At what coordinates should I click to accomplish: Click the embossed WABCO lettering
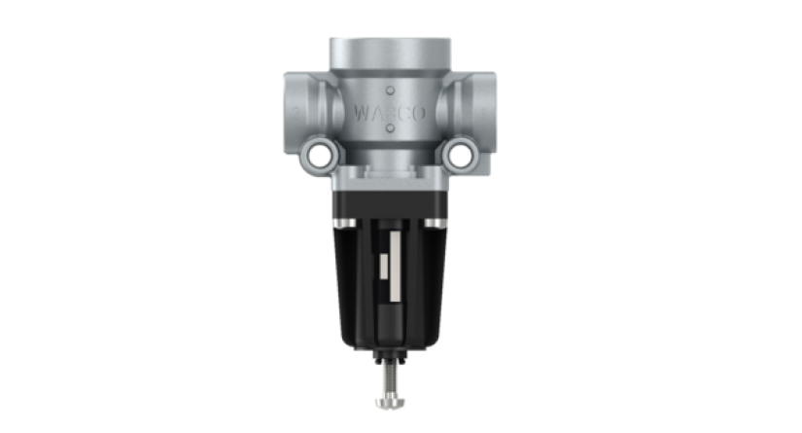pos(390,113)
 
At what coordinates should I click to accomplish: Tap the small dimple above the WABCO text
pos(390,90)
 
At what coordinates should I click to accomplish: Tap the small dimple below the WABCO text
pos(390,128)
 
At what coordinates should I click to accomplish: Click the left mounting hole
pos(320,155)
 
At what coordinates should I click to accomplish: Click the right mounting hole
pos(460,155)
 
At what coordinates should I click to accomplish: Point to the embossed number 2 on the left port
pos(296,112)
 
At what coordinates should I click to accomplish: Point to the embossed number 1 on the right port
pos(484,112)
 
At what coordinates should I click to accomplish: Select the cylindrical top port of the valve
pos(390,57)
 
